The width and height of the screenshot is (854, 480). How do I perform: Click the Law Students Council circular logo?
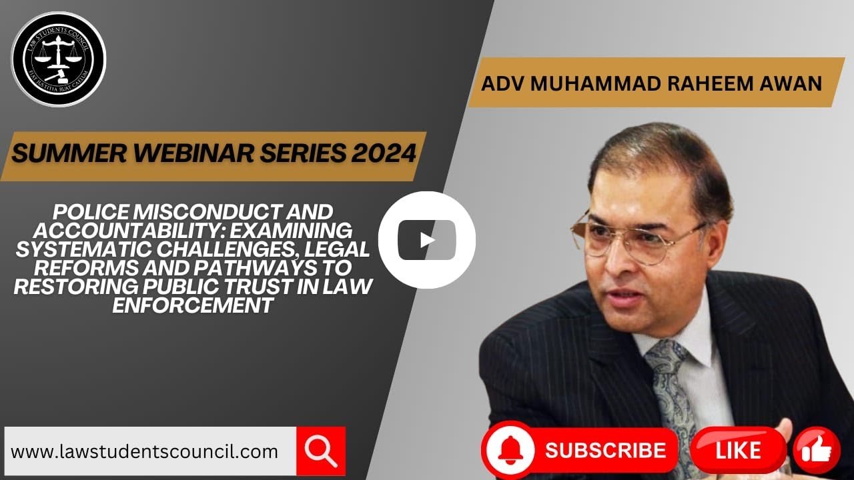[x=59, y=59]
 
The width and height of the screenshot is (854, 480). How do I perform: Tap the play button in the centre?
[x=426, y=240]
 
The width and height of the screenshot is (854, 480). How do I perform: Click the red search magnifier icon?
[x=321, y=451]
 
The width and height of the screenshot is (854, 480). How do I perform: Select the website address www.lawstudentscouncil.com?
[x=144, y=452]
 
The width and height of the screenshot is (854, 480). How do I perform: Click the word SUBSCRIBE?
[x=605, y=450]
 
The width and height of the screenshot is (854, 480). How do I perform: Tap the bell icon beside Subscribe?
[x=510, y=450]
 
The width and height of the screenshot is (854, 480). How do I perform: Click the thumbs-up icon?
[x=817, y=451]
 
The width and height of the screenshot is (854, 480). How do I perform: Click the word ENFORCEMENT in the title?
[x=193, y=305]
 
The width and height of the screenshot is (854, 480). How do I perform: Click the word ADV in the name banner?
[x=503, y=83]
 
